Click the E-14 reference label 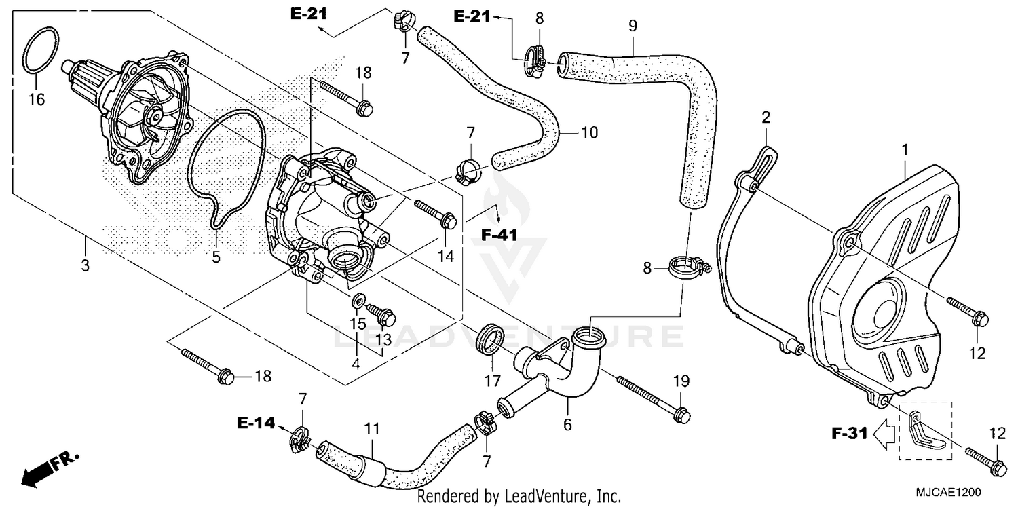coord(257,423)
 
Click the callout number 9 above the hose coord(633,26)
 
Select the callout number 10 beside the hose coord(590,132)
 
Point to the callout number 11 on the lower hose coord(373,429)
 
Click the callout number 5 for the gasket coord(216,258)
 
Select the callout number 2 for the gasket coord(766,117)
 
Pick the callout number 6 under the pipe coord(567,425)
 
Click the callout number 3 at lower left coord(85,266)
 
